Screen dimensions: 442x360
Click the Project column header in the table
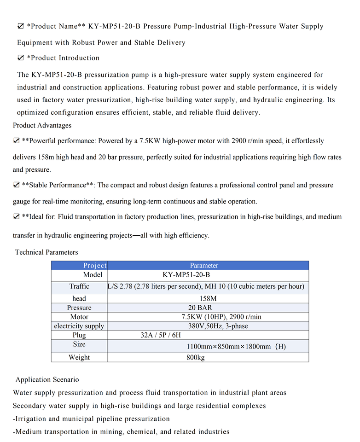click(x=94, y=266)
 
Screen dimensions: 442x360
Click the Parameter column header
click(x=204, y=266)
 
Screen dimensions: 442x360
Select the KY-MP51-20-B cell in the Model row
click(x=186, y=275)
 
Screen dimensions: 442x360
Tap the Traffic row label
click(x=79, y=286)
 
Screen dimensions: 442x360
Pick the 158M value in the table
click(x=208, y=298)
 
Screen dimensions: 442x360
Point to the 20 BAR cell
click(x=200, y=308)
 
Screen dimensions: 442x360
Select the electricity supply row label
click(x=79, y=326)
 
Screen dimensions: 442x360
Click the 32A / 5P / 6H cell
click(x=161, y=335)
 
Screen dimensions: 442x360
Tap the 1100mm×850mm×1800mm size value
click(x=236, y=346)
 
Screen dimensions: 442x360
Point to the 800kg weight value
click(x=196, y=357)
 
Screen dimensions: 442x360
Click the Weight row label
click(x=79, y=357)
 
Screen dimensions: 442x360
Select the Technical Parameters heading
click(x=46, y=252)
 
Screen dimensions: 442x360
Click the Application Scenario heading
click(x=47, y=380)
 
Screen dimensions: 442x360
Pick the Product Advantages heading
click(x=42, y=125)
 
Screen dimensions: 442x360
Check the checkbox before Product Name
click(x=20, y=26)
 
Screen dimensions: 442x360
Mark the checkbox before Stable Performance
click(x=16, y=185)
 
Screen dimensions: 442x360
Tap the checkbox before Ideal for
click(x=16, y=216)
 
